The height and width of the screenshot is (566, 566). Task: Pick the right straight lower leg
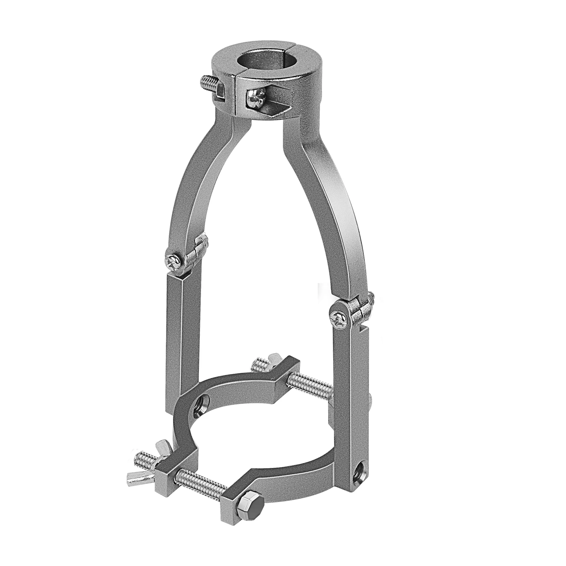point(348,382)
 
